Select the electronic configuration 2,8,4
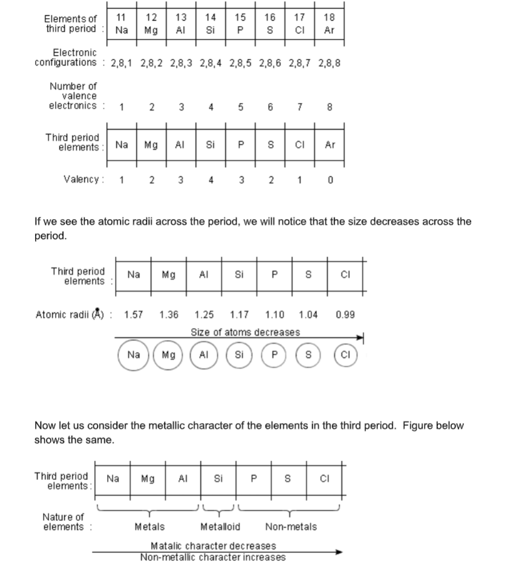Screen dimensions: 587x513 click(x=211, y=62)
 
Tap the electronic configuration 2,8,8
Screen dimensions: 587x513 click(x=330, y=62)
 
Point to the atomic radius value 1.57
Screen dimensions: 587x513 click(x=134, y=315)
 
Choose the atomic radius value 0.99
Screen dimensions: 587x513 click(x=345, y=315)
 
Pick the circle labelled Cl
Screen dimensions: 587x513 click(x=345, y=355)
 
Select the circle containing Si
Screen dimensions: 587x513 click(x=239, y=355)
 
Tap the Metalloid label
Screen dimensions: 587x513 click(x=220, y=527)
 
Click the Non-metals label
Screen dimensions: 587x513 click(x=290, y=527)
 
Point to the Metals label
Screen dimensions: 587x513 click(x=149, y=527)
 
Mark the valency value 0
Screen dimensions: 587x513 click(x=330, y=180)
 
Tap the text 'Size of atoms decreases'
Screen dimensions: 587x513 click(x=245, y=332)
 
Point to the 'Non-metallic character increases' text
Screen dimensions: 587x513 click(x=213, y=557)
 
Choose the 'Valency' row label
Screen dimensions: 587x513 click(x=83, y=179)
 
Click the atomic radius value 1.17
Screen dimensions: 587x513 click(x=240, y=315)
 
